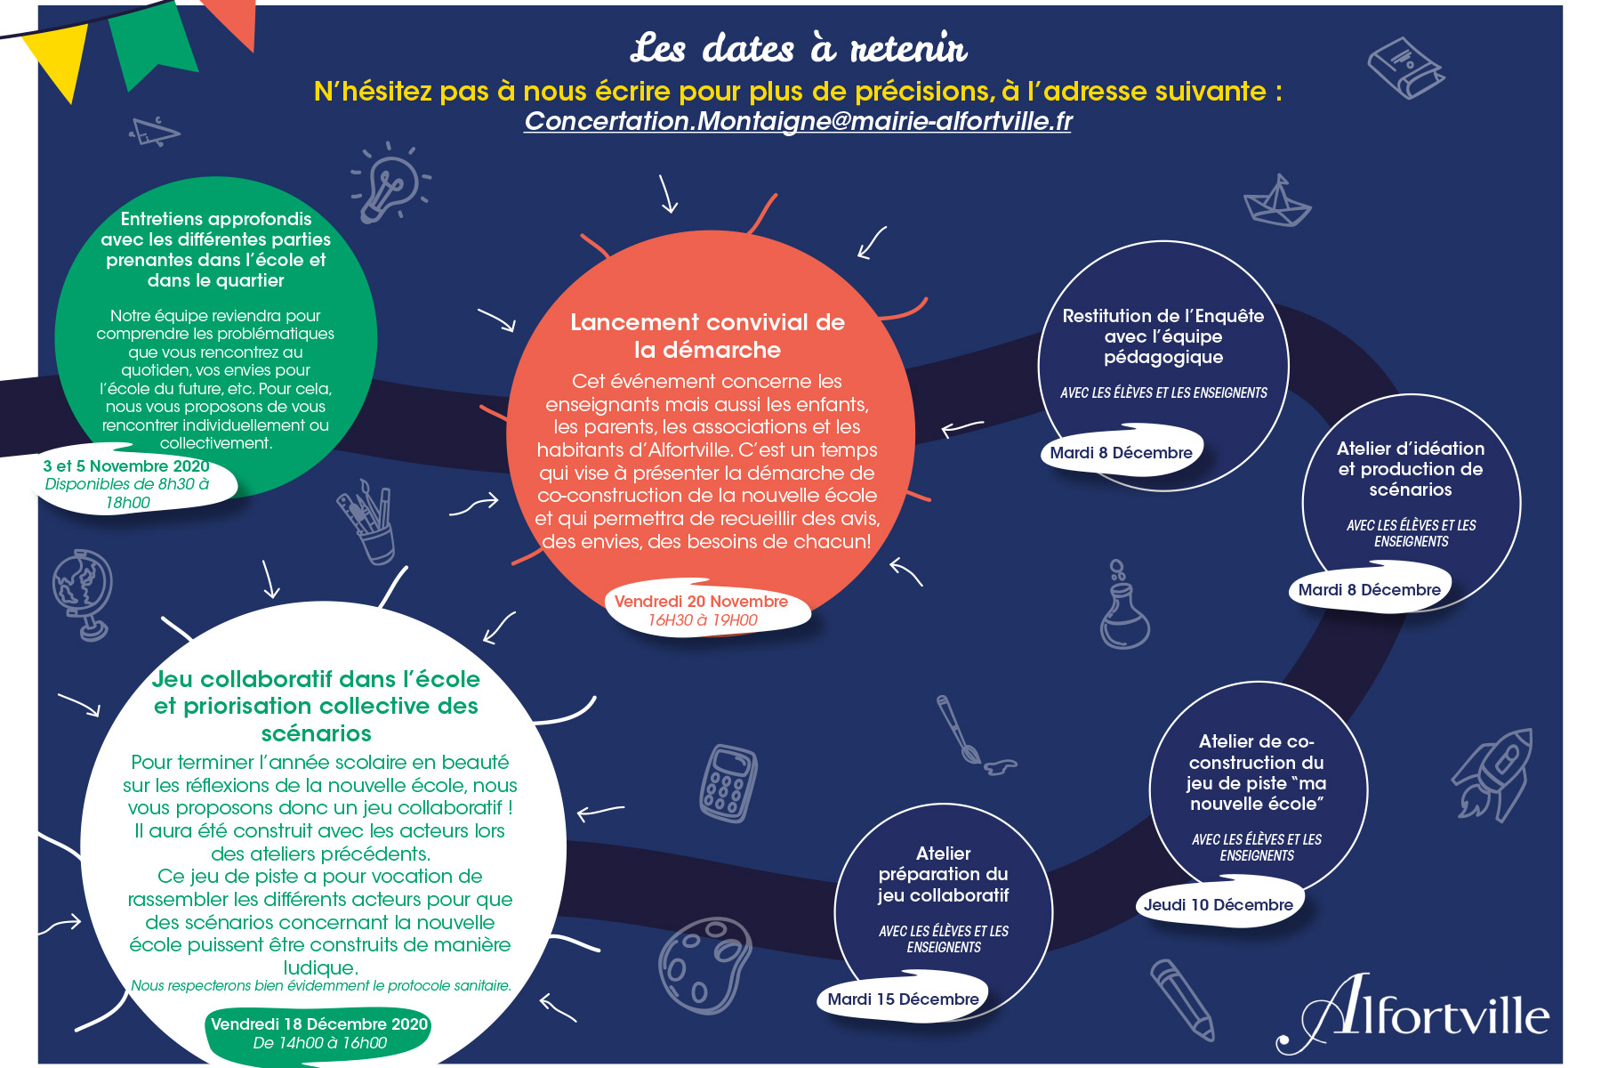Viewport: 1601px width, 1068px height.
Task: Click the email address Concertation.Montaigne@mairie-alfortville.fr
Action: pos(798,121)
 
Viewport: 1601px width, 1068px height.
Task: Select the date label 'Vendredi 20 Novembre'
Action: pos(701,602)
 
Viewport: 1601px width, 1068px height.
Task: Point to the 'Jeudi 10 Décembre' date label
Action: pos(1218,905)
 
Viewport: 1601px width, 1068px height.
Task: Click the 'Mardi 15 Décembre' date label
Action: pos(903,999)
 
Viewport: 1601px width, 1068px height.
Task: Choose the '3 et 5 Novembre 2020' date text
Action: pos(126,466)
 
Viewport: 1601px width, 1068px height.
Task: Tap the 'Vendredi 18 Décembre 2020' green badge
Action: pos(319,1033)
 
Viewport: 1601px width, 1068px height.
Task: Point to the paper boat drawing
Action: pos(1277,202)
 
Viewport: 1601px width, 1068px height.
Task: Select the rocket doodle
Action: pos(1493,773)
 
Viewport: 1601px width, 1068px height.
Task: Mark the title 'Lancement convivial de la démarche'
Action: pos(708,336)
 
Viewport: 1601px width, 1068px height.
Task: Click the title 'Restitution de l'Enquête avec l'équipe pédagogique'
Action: pos(1163,336)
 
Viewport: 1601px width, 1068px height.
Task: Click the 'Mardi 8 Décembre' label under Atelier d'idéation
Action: pos(1369,590)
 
